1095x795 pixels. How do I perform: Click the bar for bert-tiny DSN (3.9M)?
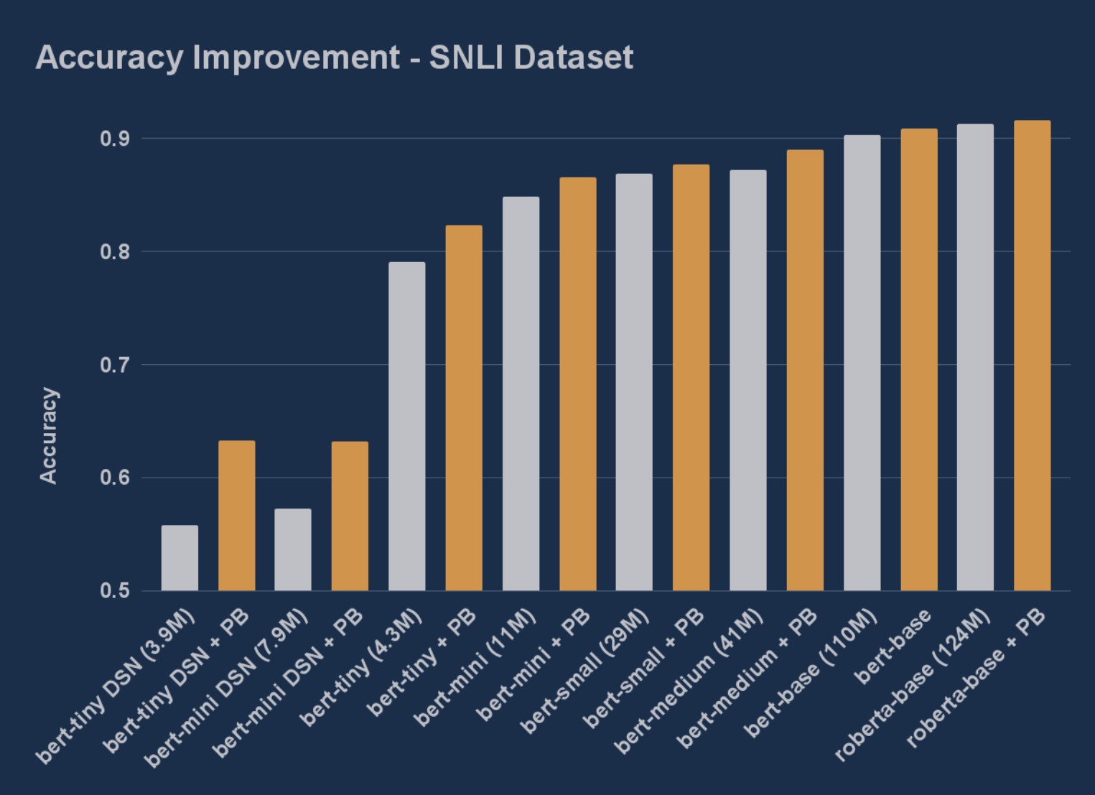coord(180,558)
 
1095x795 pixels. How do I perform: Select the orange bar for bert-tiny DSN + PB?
coord(236,516)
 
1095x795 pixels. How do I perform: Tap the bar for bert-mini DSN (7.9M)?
coord(293,549)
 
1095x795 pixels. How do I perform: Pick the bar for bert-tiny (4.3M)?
coord(407,427)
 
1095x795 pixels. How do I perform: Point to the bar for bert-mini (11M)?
coord(521,394)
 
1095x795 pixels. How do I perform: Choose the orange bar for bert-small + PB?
coord(691,378)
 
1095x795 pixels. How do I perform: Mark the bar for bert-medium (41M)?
coord(748,381)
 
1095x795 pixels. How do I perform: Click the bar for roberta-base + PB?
coord(1032,355)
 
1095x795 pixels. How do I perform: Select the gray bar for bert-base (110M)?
coord(862,363)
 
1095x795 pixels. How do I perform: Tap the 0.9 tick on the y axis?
coord(114,139)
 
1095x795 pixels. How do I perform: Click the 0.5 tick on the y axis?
coord(114,591)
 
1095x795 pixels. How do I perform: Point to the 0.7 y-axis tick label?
coord(114,365)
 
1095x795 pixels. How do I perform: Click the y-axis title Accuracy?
coord(48,435)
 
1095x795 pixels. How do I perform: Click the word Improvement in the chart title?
coord(295,57)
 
